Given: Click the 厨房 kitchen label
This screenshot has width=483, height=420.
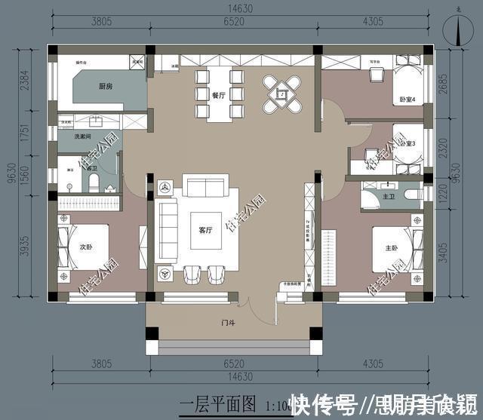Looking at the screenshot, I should point(105,87).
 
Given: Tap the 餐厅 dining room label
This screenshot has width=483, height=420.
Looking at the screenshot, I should point(219,96).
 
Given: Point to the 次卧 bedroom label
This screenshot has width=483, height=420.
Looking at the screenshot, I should point(85,246).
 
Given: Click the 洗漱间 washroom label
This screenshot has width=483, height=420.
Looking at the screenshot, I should point(83,136).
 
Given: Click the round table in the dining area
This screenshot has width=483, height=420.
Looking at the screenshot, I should point(282,94).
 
